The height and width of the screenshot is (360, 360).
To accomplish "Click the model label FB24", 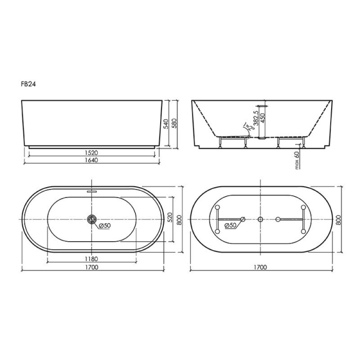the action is [x=28, y=84].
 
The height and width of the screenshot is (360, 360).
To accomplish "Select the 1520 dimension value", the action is [x=92, y=153].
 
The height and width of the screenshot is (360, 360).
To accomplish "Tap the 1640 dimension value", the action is [x=92, y=160].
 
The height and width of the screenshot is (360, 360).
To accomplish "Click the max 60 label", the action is [x=297, y=160].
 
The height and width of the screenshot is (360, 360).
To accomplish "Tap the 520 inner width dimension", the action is [x=170, y=218].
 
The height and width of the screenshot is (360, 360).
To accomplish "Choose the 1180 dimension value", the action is [x=92, y=259].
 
